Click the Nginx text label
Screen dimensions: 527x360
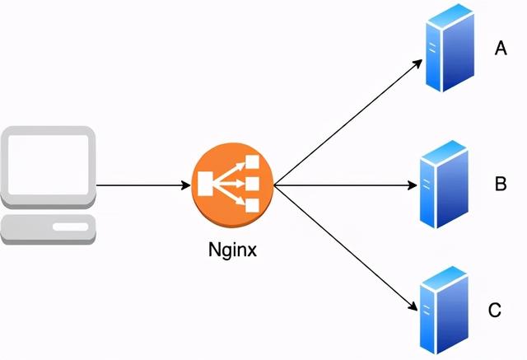[x=232, y=250]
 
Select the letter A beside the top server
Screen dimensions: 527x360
[x=501, y=48]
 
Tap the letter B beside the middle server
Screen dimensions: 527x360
[x=501, y=184]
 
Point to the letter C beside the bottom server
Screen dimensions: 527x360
[x=494, y=310]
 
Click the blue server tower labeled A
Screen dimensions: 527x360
[x=450, y=48]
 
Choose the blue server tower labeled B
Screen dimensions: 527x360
[x=444, y=185]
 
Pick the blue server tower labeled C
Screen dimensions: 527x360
[x=444, y=311]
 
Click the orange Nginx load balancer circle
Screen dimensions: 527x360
[x=232, y=185]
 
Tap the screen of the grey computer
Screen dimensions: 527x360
[x=49, y=165]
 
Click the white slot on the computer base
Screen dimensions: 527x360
[x=70, y=227]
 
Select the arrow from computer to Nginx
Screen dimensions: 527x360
[x=143, y=185]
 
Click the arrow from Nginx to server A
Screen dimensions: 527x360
[x=348, y=122]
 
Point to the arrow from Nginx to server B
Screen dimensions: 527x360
[x=346, y=185]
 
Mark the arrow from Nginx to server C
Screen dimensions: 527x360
[x=346, y=247]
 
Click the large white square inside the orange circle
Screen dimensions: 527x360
[x=205, y=184]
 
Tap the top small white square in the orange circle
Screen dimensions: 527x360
[x=253, y=161]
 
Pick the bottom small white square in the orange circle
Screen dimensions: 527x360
[x=253, y=205]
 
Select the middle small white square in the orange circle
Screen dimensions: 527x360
[x=253, y=184]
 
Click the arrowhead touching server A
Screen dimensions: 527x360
[x=417, y=63]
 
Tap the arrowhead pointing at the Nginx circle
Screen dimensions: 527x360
[x=186, y=185]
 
